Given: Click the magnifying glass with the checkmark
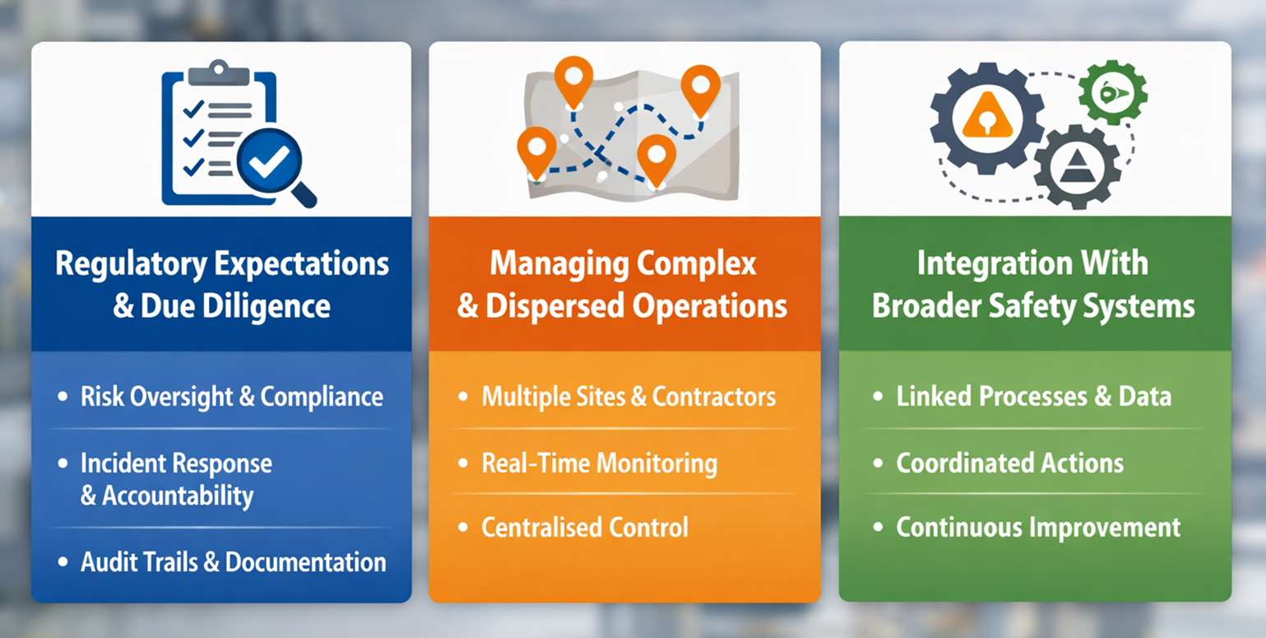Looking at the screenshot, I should [269, 161].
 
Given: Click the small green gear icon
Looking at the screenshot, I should [1112, 92].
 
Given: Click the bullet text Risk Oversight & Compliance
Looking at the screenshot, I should [232, 397].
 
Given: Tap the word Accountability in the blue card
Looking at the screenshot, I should [177, 496].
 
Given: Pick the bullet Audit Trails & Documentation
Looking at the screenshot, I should [234, 562].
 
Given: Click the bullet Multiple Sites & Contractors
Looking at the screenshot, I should [628, 397].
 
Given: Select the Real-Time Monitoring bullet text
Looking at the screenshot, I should [599, 463].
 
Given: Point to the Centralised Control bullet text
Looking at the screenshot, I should [584, 528].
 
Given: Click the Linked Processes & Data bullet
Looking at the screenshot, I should [1033, 397].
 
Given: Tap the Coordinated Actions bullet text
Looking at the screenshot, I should [1009, 463].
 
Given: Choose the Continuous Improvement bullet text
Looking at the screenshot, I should [1038, 528].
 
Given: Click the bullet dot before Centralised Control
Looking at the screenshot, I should [463, 527].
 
